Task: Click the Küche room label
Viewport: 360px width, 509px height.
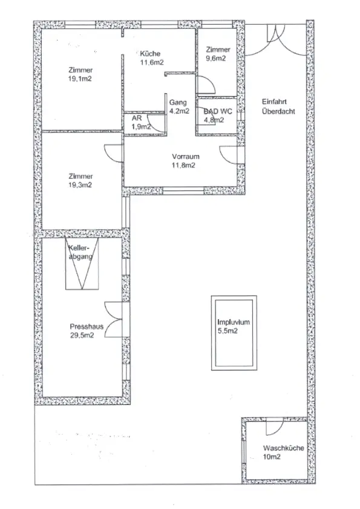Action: pyautogui.click(x=150, y=54)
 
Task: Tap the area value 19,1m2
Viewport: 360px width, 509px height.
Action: pyautogui.click(x=80, y=79)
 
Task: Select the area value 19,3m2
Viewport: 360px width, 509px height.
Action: pyautogui.click(x=80, y=185)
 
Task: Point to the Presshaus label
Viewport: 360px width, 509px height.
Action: pyautogui.click(x=87, y=326)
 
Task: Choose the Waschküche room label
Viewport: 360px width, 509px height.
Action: pyautogui.click(x=283, y=449)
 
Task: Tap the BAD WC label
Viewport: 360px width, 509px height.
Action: pyautogui.click(x=218, y=112)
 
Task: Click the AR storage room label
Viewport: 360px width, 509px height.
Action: pyautogui.click(x=137, y=118)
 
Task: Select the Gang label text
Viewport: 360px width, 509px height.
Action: pyautogui.click(x=178, y=103)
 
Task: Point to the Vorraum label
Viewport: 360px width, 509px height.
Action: pyautogui.click(x=186, y=157)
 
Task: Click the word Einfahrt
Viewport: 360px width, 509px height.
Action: pyautogui.click(x=274, y=102)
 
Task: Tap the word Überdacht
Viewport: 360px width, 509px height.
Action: pyautogui.click(x=278, y=111)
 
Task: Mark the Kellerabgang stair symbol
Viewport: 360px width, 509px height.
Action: pyautogui.click(x=82, y=264)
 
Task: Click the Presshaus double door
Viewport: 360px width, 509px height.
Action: pyautogui.click(x=114, y=320)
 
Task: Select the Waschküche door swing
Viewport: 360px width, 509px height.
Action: pyautogui.click(x=275, y=429)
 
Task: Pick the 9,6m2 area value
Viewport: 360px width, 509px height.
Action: pyautogui.click(x=216, y=59)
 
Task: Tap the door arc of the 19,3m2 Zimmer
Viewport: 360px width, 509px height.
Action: pyautogui.click(x=113, y=153)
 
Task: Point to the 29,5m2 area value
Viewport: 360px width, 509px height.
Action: pyautogui.click(x=82, y=336)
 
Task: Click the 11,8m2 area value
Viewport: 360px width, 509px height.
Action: pyautogui.click(x=183, y=165)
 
